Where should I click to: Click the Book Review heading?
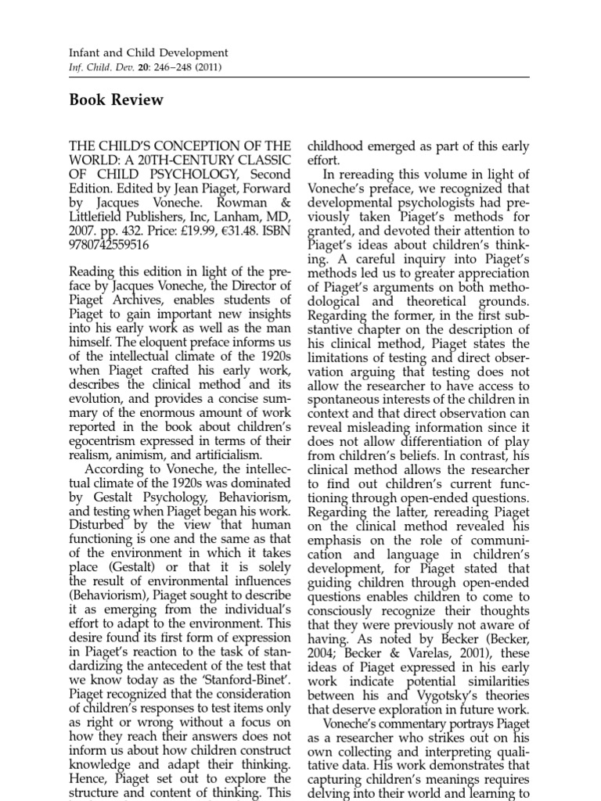point(116,100)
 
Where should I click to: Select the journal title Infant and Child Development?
point(149,52)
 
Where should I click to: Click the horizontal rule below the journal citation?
point(300,77)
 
